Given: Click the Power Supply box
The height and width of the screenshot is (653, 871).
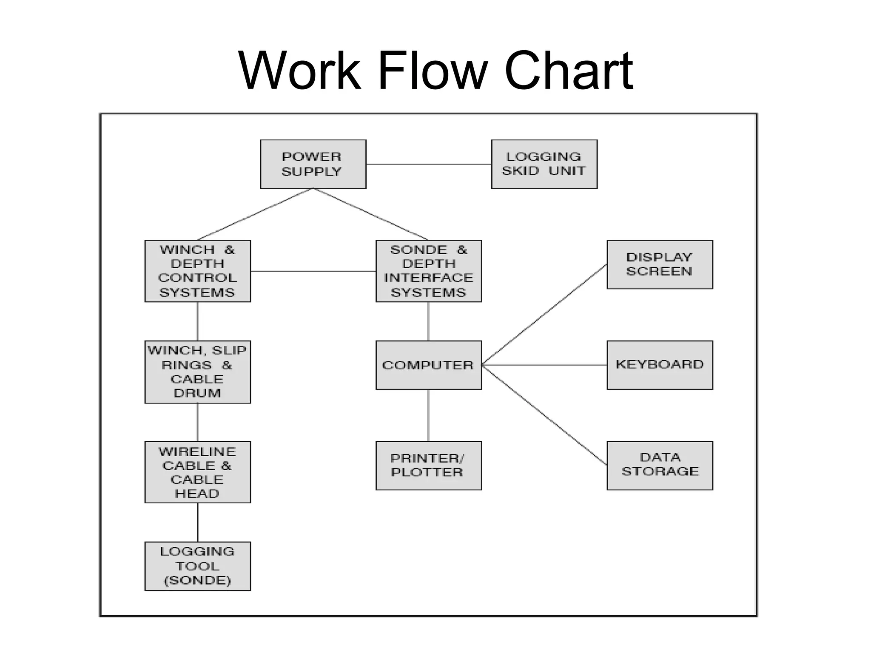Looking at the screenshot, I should (x=313, y=164).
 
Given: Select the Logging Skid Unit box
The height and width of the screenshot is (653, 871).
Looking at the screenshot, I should (x=544, y=164).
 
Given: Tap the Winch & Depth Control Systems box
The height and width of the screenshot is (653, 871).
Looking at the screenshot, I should (x=197, y=271).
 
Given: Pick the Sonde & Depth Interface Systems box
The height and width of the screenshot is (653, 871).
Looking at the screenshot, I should (x=428, y=271).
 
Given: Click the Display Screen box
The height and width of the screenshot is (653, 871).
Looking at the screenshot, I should (x=659, y=264).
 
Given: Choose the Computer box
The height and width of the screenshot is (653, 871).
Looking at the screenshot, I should (x=428, y=365).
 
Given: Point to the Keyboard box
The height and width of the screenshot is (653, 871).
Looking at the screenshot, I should (x=659, y=365).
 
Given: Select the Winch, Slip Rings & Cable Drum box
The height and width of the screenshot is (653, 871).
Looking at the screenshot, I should (x=197, y=372).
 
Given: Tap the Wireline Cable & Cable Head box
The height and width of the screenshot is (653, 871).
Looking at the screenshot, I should (x=197, y=472).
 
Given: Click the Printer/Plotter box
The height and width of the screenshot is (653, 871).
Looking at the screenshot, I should (x=428, y=466).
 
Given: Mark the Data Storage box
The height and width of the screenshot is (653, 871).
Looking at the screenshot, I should (x=659, y=466).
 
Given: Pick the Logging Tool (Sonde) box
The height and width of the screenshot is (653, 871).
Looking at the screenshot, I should (x=197, y=566).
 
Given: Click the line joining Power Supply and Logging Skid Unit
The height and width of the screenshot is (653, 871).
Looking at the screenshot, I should (x=428, y=164).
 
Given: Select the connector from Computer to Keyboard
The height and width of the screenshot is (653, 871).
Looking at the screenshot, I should (x=544, y=365).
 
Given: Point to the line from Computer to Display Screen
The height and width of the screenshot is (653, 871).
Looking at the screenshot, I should (x=544, y=315).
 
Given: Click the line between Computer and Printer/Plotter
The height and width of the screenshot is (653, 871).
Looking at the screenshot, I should (x=428, y=415).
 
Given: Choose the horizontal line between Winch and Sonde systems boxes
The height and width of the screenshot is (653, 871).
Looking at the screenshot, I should (x=313, y=271).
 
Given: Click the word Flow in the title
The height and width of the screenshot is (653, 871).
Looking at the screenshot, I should (x=432, y=71).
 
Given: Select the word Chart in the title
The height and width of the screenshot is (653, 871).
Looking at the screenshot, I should (x=569, y=71).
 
